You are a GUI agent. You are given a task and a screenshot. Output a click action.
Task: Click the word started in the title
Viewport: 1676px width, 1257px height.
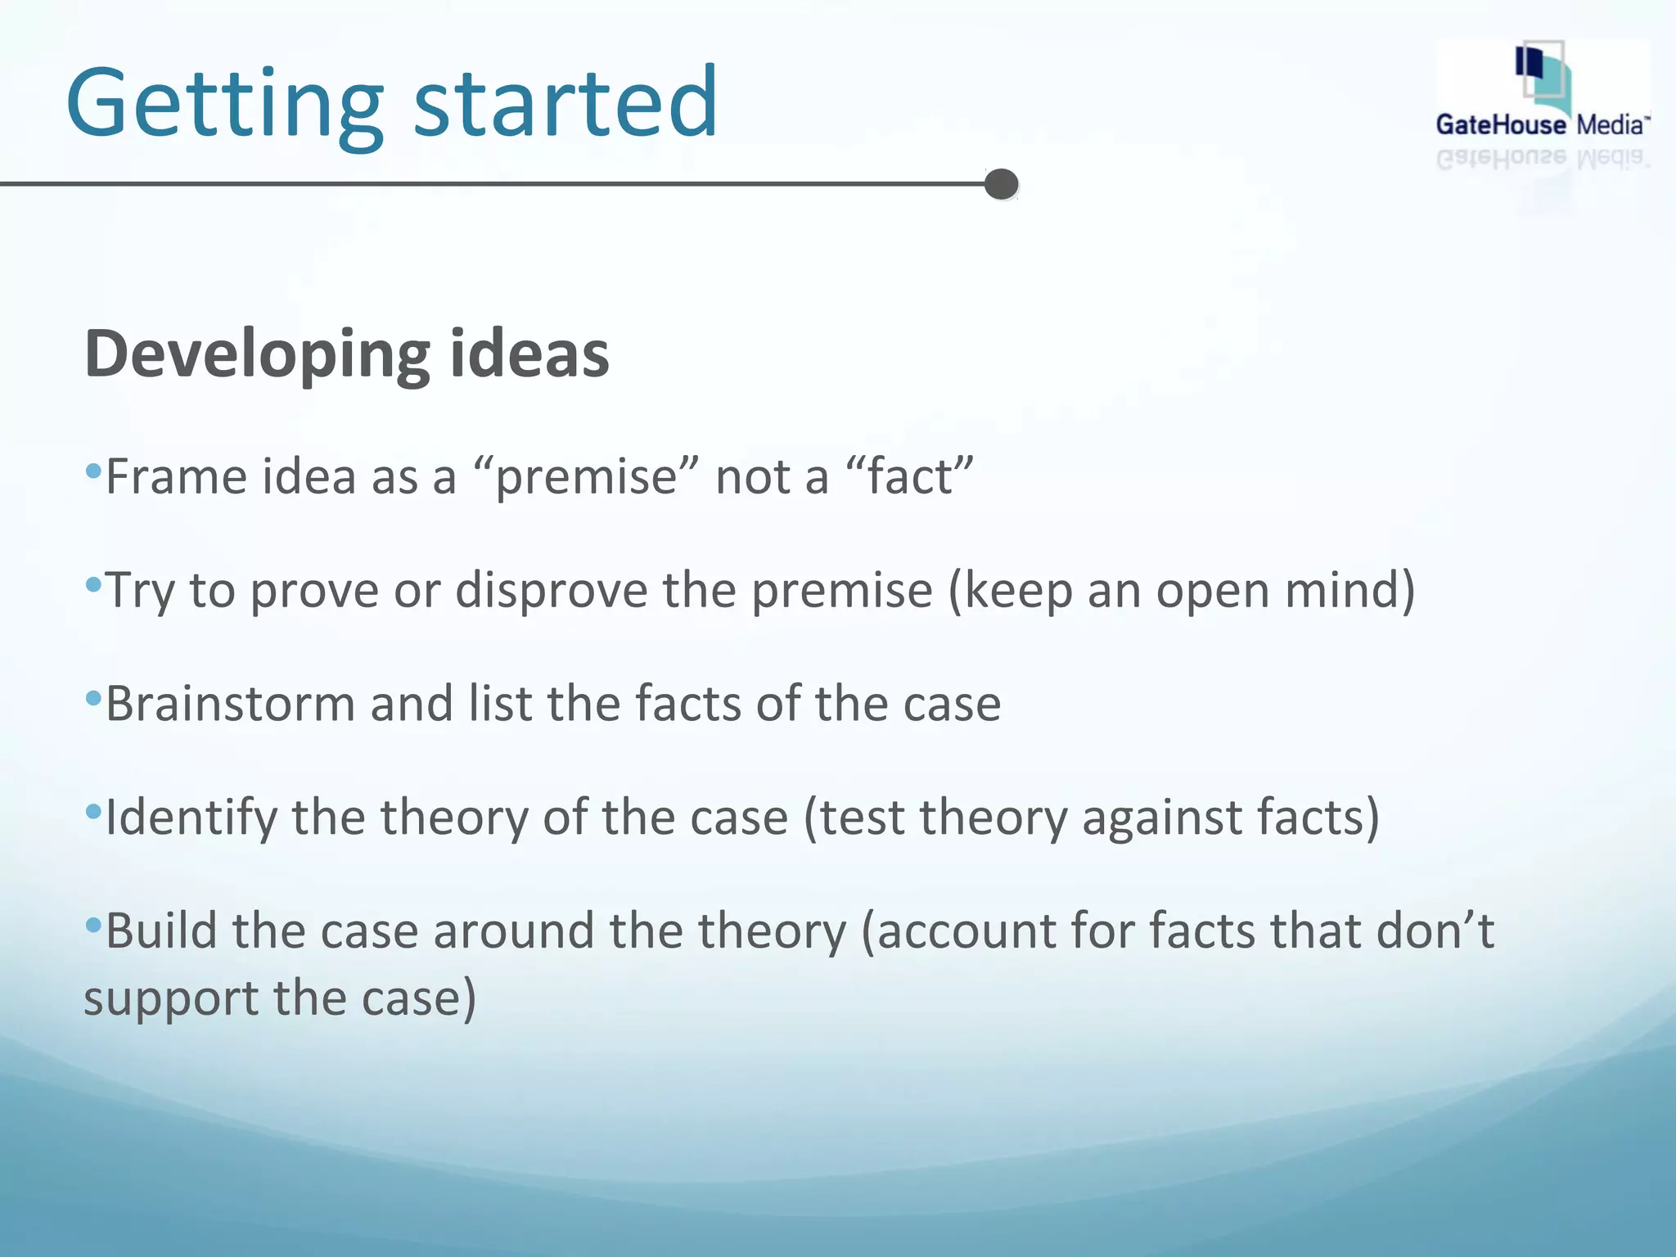coord(565,104)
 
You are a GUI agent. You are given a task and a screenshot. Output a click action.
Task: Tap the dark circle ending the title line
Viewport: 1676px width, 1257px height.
coord(1002,184)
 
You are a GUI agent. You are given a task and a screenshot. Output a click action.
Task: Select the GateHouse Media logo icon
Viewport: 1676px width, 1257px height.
coord(1542,78)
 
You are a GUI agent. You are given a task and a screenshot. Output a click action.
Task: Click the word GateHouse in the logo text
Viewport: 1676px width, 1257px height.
coord(1500,125)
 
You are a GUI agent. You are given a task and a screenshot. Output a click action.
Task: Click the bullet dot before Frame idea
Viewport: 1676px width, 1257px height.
coord(93,471)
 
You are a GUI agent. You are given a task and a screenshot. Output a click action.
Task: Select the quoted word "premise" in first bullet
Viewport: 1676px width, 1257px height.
coord(586,477)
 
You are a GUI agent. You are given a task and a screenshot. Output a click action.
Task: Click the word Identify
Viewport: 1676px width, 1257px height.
coord(191,818)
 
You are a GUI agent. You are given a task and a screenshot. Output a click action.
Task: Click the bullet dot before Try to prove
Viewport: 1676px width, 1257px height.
coord(93,584)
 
